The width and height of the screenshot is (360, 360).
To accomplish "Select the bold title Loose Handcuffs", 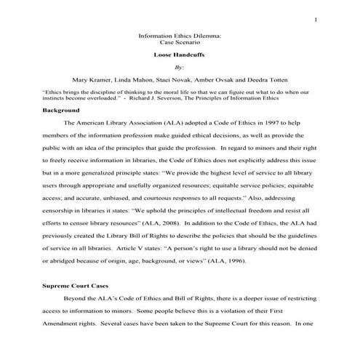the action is pyautogui.click(x=179, y=54).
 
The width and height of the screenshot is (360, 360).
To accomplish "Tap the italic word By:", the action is pyautogui.click(x=180, y=65).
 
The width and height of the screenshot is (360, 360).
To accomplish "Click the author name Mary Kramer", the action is pyautogui.click(x=92, y=79).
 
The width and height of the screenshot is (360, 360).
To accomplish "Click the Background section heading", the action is pyautogui.click(x=60, y=111).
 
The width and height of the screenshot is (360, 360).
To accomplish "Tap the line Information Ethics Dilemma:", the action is pyautogui.click(x=180, y=35).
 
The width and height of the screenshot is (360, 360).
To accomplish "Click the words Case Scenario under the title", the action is pyautogui.click(x=179, y=42).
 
